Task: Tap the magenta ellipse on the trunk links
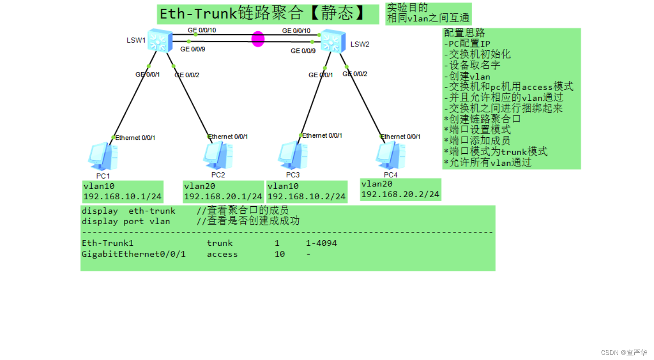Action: [x=258, y=39]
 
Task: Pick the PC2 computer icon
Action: [x=218, y=156]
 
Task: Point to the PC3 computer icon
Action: [x=292, y=156]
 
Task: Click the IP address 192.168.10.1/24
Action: [x=122, y=197]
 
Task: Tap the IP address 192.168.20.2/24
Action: [x=400, y=194]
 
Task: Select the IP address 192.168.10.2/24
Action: [x=307, y=197]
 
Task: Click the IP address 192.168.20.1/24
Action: [x=223, y=197]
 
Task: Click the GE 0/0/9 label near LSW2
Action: [x=303, y=51]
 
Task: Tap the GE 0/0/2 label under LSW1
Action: [x=187, y=75]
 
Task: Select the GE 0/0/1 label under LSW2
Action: [x=320, y=75]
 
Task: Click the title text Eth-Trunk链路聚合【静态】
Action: [x=262, y=14]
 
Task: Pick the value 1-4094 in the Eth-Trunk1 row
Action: [x=321, y=243]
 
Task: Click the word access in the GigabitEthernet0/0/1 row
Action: [x=222, y=254]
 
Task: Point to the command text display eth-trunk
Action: [x=128, y=211]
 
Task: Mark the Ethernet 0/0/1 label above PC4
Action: [x=400, y=136]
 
